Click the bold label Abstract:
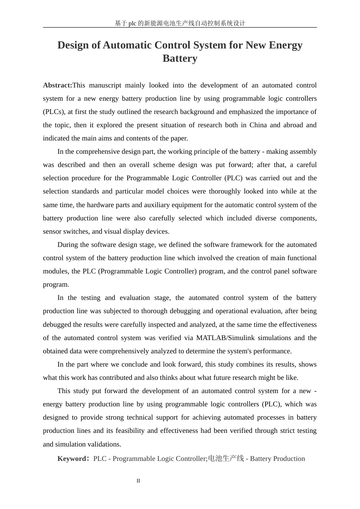click(x=57, y=85)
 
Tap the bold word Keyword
click(x=72, y=459)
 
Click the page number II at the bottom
click(x=138, y=481)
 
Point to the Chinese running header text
click(x=180, y=23)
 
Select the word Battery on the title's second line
click(x=180, y=58)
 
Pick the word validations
click(x=103, y=444)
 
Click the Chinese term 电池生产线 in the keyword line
click(x=226, y=459)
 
